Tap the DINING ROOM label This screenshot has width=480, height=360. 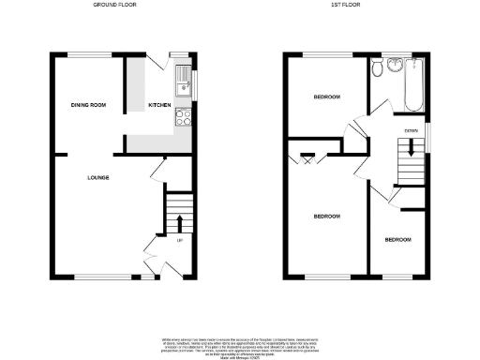pyautogui.click(x=87, y=106)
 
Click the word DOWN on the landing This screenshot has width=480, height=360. pyautogui.click(x=411, y=129)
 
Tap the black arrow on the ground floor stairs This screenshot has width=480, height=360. pyautogui.click(x=178, y=220)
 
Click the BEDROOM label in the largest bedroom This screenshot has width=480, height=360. pyautogui.click(x=325, y=217)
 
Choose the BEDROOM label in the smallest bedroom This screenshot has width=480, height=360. pyautogui.click(x=398, y=240)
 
